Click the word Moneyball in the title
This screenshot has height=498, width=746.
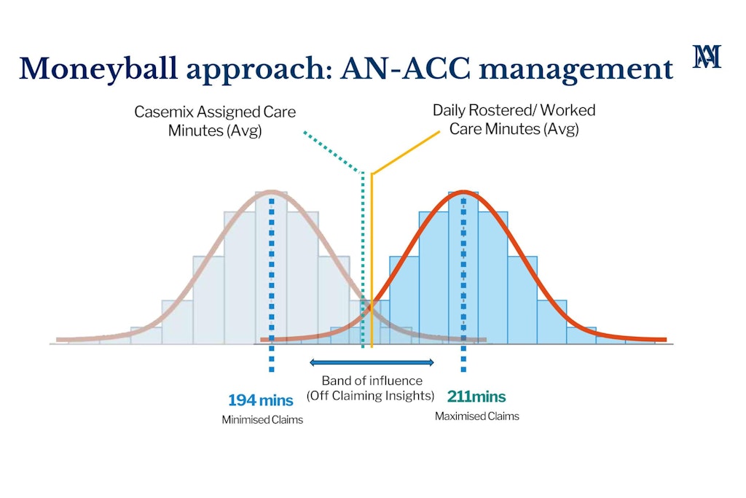coord(87,69)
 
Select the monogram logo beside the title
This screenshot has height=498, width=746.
coord(707,56)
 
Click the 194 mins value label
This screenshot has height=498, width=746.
coord(261,400)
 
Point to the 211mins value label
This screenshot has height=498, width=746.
coord(476,397)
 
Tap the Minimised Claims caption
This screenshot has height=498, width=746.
coord(262,420)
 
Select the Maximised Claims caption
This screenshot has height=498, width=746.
coord(477,416)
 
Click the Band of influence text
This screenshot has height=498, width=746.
coord(372,381)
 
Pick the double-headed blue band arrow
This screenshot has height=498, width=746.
coord(372,362)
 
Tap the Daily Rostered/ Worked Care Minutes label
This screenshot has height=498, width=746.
coord(514,120)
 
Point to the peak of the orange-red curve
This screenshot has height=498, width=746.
coord(463,192)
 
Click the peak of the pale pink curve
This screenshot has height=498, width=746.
coord(271,192)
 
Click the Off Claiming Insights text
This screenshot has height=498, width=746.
coord(371,396)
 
